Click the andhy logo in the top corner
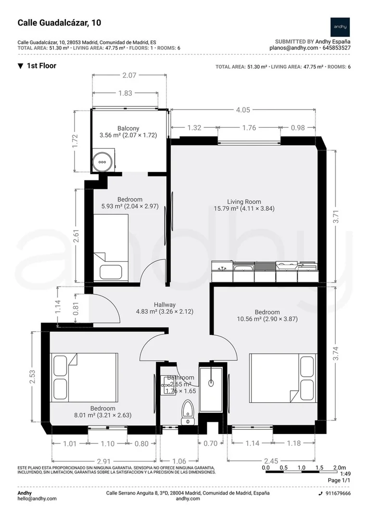pyautogui.click(x=340, y=27)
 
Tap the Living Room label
pyautogui.click(x=244, y=201)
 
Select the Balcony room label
pyautogui.click(x=128, y=128)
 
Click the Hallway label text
pyautogui.click(x=165, y=305)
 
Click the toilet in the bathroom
pyautogui.click(x=188, y=412)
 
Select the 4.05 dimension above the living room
pyautogui.click(x=243, y=110)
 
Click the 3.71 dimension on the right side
pyautogui.click(x=336, y=217)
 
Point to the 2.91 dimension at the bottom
pyautogui.click(x=104, y=461)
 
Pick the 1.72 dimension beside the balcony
pyautogui.click(x=75, y=141)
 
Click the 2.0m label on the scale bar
pyautogui.click(x=340, y=468)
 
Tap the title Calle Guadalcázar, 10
pyautogui.click(x=59, y=23)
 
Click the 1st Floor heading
pyautogui.click(x=41, y=65)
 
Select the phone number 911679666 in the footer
pyautogui.click(x=338, y=493)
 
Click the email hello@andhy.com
pyautogui.click(x=37, y=498)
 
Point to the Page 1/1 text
pyautogui.click(x=339, y=480)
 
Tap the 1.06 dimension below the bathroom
pyautogui.click(x=179, y=461)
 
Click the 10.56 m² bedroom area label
pyautogui.click(x=267, y=319)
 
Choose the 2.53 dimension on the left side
pyautogui.click(x=32, y=377)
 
